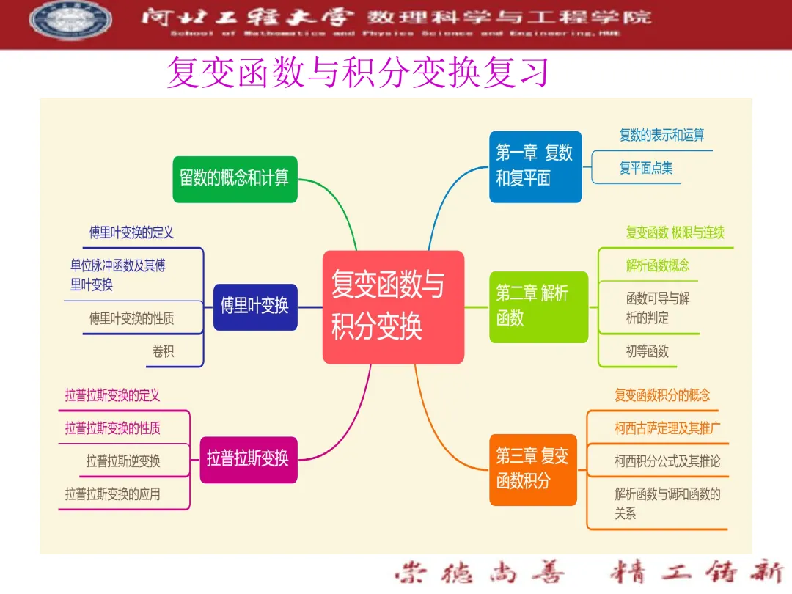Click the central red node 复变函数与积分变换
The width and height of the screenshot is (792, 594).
393,307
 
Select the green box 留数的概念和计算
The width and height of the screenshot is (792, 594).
235,178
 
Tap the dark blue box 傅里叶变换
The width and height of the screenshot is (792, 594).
255,307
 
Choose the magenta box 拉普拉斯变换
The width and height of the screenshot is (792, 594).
248,459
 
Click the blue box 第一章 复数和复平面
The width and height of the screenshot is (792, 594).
535,166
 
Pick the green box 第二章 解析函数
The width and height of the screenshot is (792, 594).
538,306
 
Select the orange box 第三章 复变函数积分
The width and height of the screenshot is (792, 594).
532,469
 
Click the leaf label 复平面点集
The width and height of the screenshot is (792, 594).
645,169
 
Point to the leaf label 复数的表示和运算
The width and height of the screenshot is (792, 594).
661,135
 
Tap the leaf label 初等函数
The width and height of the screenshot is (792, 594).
647,351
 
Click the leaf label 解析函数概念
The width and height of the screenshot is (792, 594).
658,265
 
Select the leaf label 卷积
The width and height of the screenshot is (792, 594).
164,351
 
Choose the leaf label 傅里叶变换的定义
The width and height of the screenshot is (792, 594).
131,232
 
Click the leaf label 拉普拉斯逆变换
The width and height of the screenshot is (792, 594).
122,461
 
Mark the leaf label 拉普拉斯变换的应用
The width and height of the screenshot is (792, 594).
112,494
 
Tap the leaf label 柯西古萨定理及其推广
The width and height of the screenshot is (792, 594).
667,428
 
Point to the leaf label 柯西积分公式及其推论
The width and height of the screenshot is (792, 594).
667,461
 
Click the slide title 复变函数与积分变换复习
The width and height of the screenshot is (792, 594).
358,73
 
